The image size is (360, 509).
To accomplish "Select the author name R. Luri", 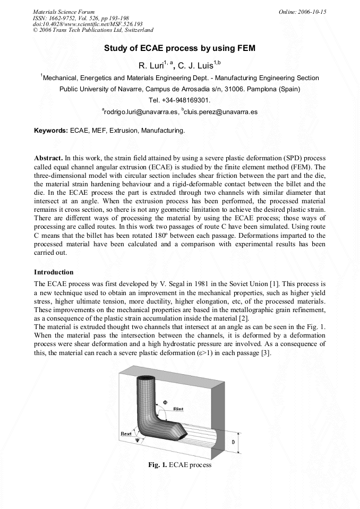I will pyautogui.click(x=151, y=66).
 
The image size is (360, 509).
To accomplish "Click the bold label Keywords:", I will pyautogui.click(x=51, y=130).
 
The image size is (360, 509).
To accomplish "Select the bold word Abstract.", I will pyautogui.click(x=48, y=158).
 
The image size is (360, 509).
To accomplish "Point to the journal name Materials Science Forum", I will pyautogui.click(x=64, y=11).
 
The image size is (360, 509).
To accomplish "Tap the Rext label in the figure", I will pyautogui.click(x=126, y=434).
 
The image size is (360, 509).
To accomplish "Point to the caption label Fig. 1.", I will pyautogui.click(x=158, y=465).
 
